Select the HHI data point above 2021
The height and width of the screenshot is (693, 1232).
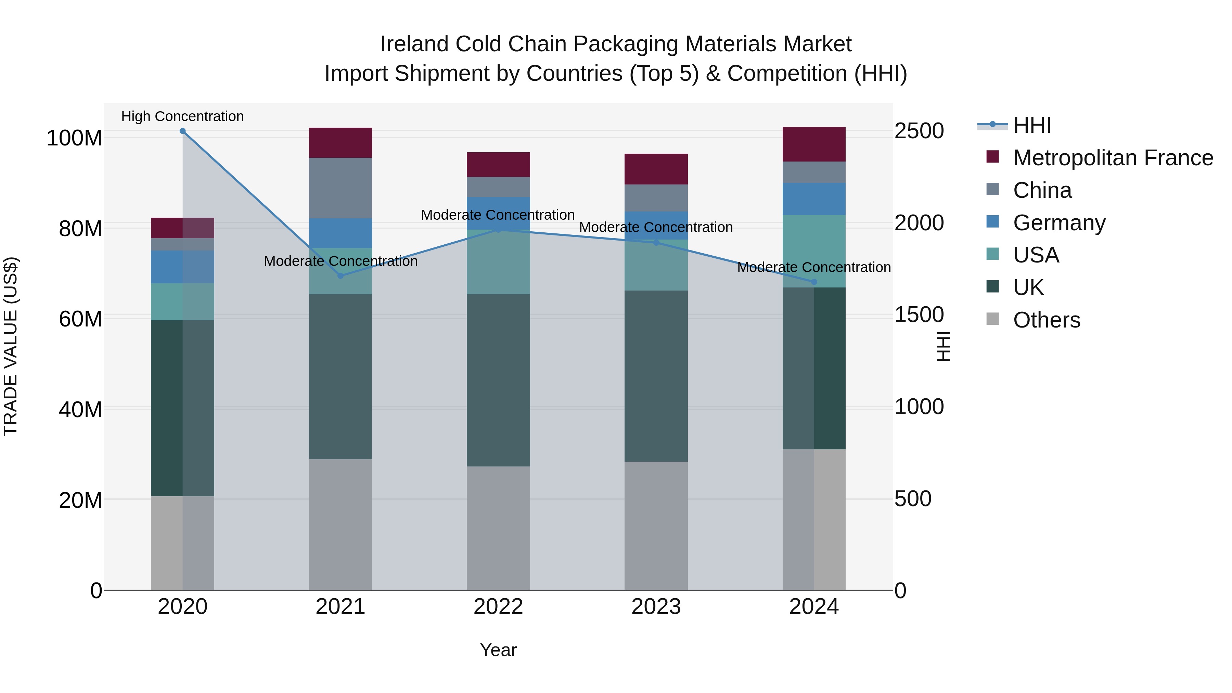[341, 276]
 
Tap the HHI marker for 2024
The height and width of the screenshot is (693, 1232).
[814, 282]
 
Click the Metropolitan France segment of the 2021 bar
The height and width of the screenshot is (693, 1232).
[341, 142]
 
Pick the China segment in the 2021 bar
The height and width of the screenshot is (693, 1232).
[341, 188]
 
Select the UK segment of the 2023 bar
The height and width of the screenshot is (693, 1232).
[656, 376]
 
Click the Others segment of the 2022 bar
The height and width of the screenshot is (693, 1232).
[498, 528]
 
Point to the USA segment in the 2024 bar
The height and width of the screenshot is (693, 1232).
[814, 251]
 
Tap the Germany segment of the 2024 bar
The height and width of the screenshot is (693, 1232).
[814, 199]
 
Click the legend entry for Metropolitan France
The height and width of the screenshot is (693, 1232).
[1113, 158]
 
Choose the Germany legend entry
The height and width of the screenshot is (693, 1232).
[1059, 223]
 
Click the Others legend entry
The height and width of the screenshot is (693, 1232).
[1047, 320]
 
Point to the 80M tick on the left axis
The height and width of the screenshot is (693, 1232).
[80, 229]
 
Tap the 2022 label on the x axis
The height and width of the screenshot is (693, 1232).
[498, 607]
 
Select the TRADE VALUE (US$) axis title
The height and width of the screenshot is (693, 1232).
[11, 346]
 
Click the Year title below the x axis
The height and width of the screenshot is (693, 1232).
[498, 650]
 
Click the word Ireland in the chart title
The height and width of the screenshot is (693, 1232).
[414, 44]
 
